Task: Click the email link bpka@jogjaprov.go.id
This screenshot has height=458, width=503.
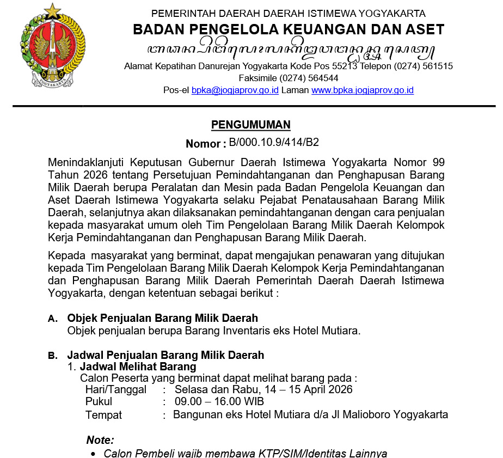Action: click(235, 90)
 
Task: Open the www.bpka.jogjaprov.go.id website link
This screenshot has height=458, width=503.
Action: click(363, 90)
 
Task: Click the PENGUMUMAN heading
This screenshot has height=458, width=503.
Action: click(251, 125)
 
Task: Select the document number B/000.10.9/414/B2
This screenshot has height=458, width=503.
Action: click(274, 143)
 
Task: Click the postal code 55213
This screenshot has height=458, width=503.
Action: click(341, 66)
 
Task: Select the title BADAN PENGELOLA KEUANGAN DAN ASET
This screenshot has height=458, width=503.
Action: click(289, 29)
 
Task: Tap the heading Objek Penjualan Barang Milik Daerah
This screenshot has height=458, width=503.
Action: click(162, 318)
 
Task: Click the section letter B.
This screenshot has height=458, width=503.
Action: click(52, 356)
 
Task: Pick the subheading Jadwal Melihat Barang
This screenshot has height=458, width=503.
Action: click(138, 367)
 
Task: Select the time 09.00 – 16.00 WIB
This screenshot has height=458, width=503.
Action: click(219, 402)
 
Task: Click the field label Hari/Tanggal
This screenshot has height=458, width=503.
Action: click(116, 389)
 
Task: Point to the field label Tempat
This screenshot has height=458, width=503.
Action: click(103, 414)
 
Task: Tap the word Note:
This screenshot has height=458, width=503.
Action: click(100, 440)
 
